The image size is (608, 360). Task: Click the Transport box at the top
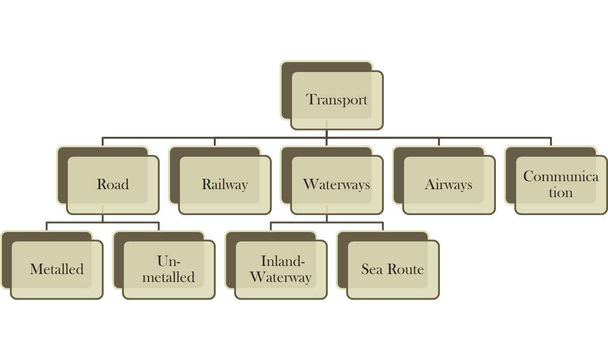[337, 100]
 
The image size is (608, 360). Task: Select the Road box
[113, 184]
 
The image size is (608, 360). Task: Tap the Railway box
[225, 184]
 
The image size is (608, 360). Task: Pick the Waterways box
[336, 184]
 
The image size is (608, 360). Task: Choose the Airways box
[448, 184]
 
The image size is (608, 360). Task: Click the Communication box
[560, 184]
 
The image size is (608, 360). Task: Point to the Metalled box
[57, 269]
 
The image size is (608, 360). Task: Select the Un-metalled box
[169, 269]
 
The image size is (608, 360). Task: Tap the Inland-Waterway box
[281, 269]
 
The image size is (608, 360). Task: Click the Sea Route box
[392, 269]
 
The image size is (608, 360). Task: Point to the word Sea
[371, 269]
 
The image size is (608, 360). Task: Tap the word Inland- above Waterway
[283, 261]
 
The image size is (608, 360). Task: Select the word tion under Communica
[560, 192]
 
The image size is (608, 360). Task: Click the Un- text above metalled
[169, 261]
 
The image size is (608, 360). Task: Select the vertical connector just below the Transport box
[327, 133]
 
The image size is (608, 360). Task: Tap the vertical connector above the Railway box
[215, 142]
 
